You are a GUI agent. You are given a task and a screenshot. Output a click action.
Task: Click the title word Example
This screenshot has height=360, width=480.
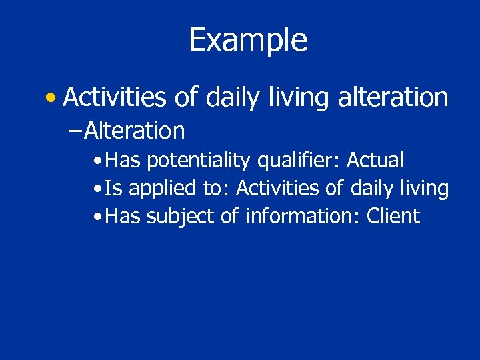tap(248, 40)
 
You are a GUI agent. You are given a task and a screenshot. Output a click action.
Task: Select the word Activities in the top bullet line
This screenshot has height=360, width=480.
tap(115, 98)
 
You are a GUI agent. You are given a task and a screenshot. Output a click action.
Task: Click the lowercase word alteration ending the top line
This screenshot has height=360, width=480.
tap(393, 98)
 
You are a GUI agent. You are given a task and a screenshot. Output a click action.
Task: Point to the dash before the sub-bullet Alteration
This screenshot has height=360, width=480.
tap(75, 131)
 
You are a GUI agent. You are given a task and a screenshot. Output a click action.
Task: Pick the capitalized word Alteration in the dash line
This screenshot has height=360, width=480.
tap(135, 131)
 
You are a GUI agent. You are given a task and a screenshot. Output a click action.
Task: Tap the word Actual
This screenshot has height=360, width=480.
tap(375, 160)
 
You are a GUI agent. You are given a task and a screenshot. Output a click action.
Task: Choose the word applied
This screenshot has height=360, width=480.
tap(163, 189)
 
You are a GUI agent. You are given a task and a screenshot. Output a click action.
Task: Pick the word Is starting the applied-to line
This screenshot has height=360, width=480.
tap(113, 189)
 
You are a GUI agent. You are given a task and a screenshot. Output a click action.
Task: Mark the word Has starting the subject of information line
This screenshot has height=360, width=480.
tap(123, 216)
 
